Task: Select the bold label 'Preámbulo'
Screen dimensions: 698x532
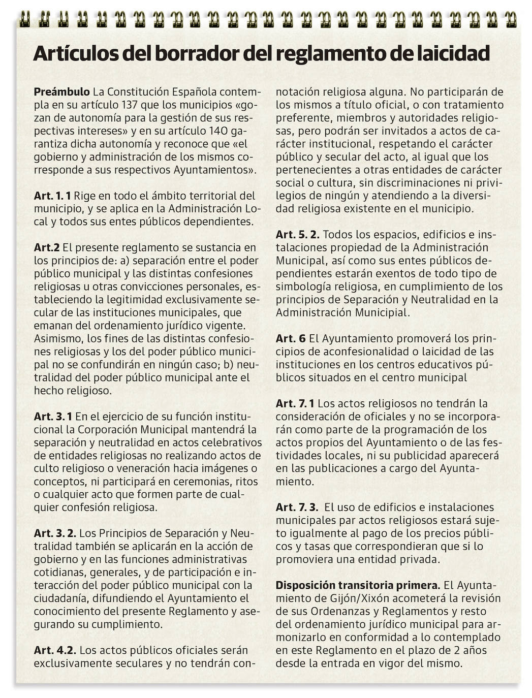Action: coord(61,92)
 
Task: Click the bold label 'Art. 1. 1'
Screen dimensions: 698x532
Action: coord(52,196)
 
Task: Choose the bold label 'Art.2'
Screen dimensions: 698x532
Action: coord(47,247)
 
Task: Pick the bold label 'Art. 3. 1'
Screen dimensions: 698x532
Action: coord(53,416)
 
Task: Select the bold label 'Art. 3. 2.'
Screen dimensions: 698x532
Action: coord(55,533)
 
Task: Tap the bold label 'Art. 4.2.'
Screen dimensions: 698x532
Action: coord(55,650)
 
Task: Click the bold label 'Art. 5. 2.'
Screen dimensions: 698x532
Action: coord(297,234)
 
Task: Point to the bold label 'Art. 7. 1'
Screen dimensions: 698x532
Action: coord(295,403)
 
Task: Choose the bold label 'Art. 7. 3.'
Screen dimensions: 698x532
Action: coord(297,507)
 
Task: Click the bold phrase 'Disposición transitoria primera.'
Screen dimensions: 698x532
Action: coord(358,585)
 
